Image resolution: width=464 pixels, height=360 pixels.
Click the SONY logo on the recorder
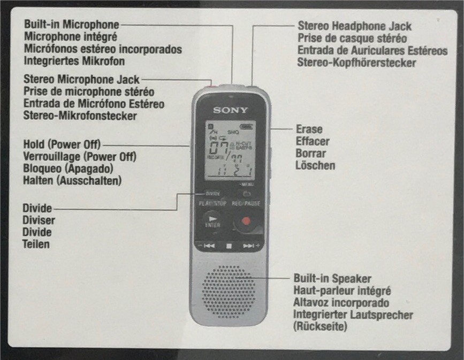click(x=231, y=110)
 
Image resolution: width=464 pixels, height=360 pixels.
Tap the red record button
click(x=246, y=221)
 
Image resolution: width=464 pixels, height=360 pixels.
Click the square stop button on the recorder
click(x=229, y=246)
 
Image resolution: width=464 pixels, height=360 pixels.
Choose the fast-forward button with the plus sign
click(x=249, y=246)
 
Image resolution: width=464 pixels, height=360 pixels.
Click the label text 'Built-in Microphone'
click(x=72, y=25)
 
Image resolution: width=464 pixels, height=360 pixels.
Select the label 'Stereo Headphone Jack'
click(x=354, y=26)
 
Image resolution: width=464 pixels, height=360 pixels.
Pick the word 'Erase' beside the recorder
click(x=309, y=129)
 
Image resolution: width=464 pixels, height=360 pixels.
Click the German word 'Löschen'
click(x=315, y=165)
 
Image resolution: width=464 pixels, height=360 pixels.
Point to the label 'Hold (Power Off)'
click(x=62, y=144)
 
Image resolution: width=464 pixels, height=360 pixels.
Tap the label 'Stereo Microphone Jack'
click(x=81, y=80)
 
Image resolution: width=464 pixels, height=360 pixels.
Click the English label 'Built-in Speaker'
click(x=332, y=279)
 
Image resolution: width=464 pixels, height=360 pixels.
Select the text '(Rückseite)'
click(x=320, y=326)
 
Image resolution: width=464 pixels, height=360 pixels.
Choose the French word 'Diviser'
click(x=39, y=220)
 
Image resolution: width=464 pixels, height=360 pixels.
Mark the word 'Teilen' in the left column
click(x=36, y=244)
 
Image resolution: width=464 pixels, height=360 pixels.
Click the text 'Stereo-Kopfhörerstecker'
click(x=356, y=63)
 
